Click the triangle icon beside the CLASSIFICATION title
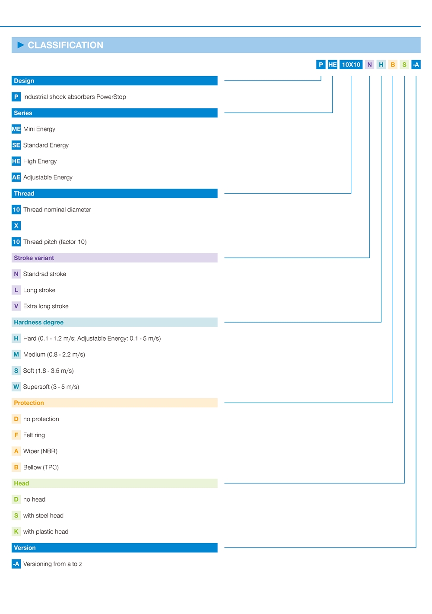(21, 45)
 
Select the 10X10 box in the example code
(351, 65)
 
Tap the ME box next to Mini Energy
(16, 129)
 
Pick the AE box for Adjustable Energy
(16, 177)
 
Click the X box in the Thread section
(16, 226)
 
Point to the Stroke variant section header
(114, 258)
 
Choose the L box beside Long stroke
(16, 290)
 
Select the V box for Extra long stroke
(16, 306)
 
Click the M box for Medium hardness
(16, 355)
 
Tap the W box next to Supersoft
(16, 387)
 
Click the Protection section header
(114, 403)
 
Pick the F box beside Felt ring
(16, 435)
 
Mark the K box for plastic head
(16, 532)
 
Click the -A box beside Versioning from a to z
(16, 564)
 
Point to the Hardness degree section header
(114, 323)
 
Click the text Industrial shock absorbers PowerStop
(74, 97)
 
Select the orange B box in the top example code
(393, 65)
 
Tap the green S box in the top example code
(404, 65)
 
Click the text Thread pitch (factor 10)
(55, 242)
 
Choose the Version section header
(114, 548)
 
